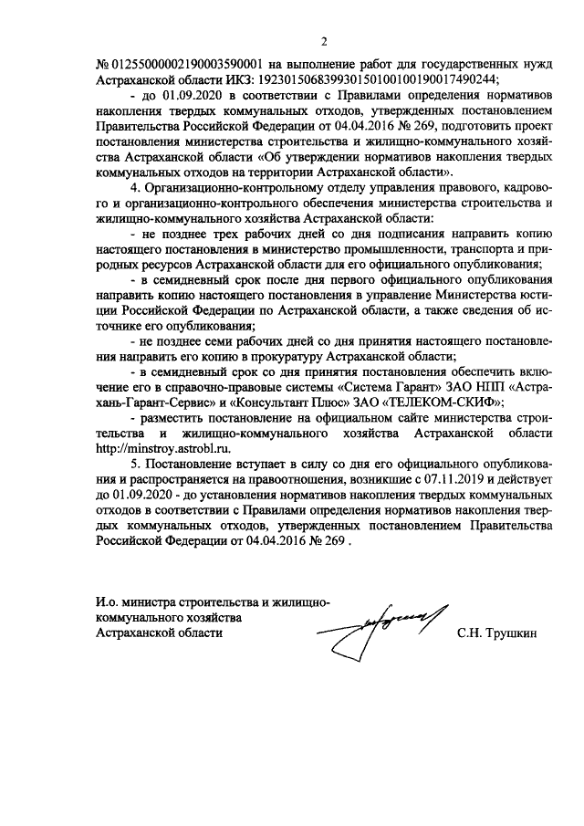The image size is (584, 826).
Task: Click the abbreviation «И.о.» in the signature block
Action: coord(108,601)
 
